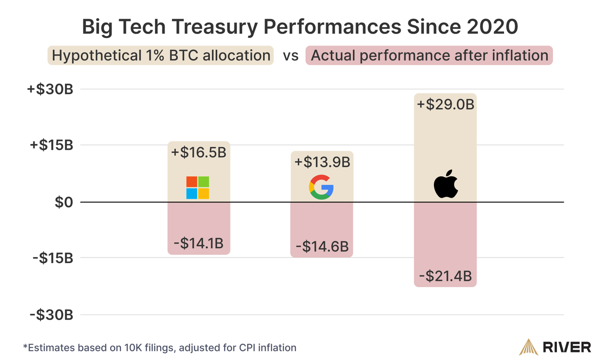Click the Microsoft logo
point(197,188)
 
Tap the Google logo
point(321,188)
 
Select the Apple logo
point(445,184)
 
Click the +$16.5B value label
point(198,152)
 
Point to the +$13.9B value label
point(322,162)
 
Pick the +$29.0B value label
point(445,105)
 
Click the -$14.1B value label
point(198,244)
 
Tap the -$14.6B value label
point(322,247)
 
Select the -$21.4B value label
point(445,276)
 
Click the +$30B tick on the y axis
point(51,90)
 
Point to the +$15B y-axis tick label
point(51,145)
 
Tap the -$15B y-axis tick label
point(52,258)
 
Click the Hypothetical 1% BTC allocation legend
point(160,55)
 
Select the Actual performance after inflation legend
point(429,55)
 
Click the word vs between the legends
point(291,56)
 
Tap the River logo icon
point(527,346)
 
